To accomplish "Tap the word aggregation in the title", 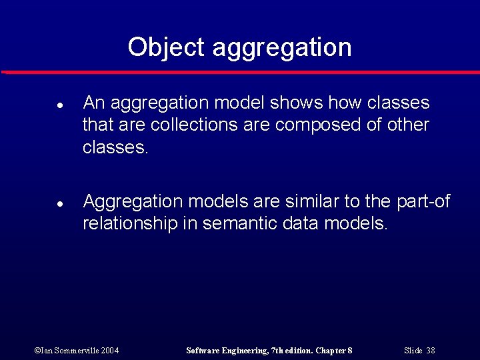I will coord(281,49).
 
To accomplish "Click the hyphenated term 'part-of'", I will coord(423,202).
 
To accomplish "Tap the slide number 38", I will coord(431,351).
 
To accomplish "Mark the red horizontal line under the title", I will coord(240,71).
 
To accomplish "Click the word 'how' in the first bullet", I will coord(346,103).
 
